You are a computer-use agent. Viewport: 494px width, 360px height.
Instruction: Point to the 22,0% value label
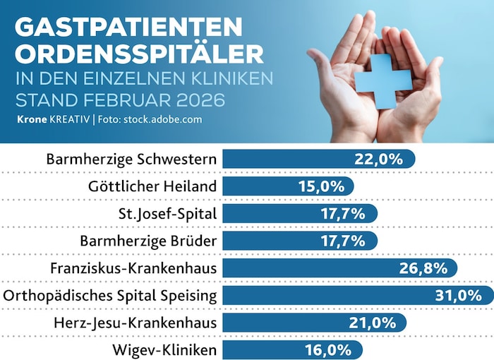(x=379, y=159)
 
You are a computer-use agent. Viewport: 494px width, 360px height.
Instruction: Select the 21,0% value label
(x=372, y=323)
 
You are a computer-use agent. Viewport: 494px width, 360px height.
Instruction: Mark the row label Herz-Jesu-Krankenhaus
(x=135, y=323)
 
